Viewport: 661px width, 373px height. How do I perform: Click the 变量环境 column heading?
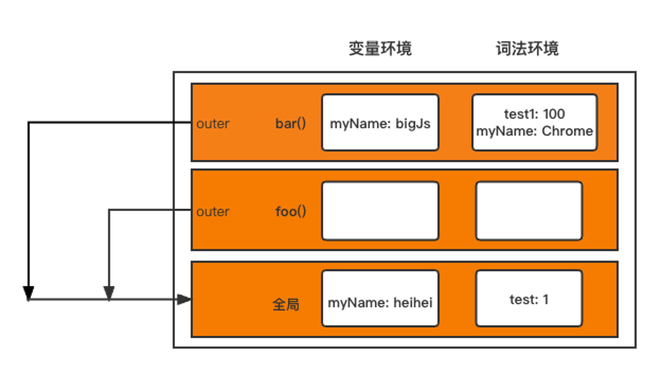380,49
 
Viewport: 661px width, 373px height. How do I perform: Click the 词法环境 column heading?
527,49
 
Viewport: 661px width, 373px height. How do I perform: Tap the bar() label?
291,124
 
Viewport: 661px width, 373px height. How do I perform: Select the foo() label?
291,211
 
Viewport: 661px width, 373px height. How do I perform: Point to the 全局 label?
286,304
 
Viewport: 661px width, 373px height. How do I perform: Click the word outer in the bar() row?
213,124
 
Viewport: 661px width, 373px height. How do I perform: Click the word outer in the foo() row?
213,212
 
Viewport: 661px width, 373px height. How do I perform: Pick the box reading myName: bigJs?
380,123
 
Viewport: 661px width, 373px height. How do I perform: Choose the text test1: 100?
534,114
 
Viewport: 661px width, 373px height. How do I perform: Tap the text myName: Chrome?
534,131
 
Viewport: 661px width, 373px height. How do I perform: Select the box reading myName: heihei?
380,299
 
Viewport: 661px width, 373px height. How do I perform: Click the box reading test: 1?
529,299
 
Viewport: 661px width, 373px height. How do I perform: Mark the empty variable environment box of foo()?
380,211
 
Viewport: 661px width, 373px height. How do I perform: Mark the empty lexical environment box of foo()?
529,211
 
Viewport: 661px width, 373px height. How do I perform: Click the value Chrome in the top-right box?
567,131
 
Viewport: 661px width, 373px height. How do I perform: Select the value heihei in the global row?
413,303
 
